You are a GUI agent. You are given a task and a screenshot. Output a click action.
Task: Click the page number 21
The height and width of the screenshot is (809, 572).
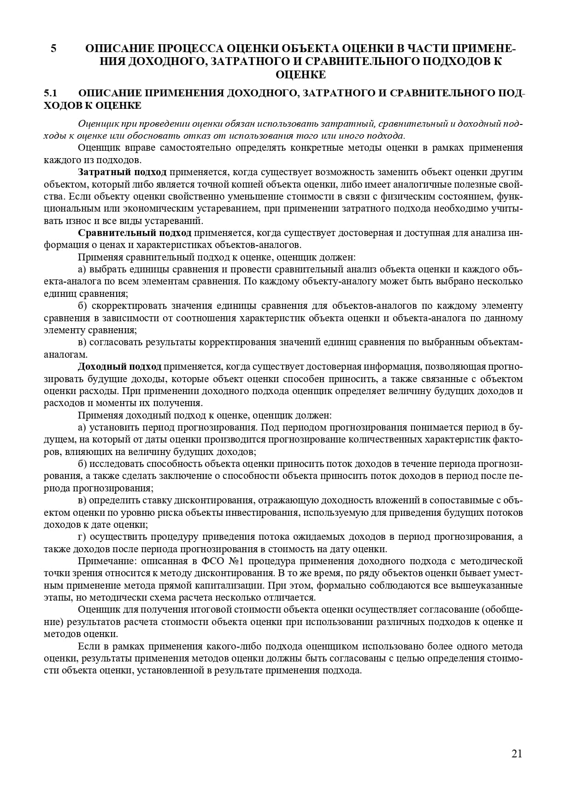[517, 754]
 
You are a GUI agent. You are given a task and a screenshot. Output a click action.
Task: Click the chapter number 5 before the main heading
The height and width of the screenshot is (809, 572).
[54, 48]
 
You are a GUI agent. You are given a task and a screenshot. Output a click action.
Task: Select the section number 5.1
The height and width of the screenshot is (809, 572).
[50, 93]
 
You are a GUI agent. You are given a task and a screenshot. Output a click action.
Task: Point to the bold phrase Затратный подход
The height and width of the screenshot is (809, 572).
[122, 172]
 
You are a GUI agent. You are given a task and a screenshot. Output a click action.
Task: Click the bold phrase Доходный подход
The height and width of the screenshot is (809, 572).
[120, 366]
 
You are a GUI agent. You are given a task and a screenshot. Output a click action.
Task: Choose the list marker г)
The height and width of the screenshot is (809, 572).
[83, 537]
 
